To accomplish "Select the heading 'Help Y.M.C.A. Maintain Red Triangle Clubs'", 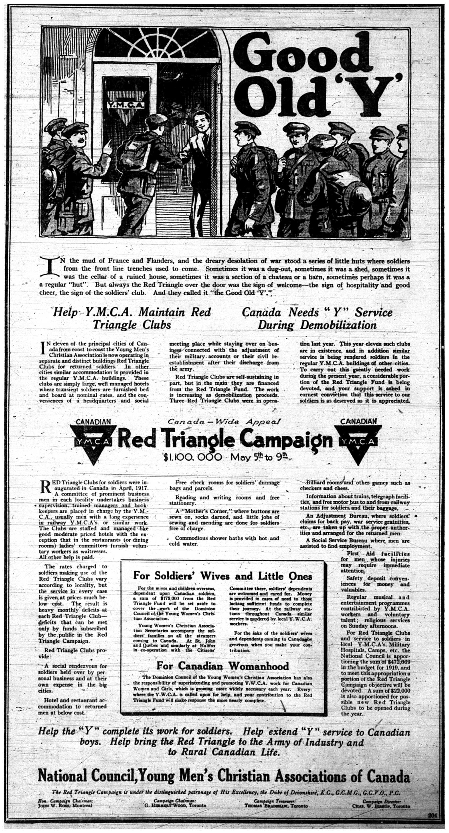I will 132,318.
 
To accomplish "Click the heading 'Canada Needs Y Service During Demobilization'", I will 317,318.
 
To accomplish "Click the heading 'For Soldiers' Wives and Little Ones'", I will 223,576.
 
